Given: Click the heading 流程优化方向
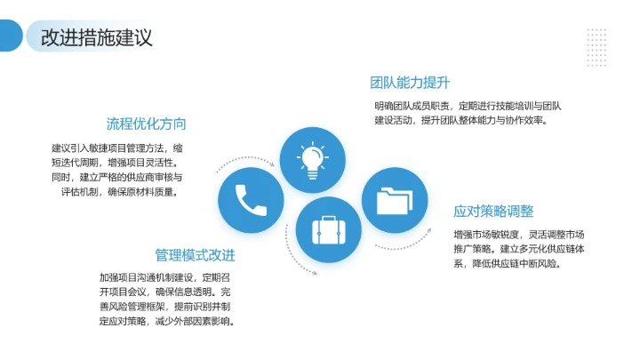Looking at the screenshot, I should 146,124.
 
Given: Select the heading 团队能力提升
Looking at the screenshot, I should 410,84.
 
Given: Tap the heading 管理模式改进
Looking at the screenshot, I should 196,255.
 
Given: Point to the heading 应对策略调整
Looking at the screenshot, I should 493,212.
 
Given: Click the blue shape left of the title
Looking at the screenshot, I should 11,36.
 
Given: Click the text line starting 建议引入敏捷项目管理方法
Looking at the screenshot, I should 117,148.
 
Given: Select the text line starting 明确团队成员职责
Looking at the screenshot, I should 468,106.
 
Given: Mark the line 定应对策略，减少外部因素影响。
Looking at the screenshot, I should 166,321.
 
